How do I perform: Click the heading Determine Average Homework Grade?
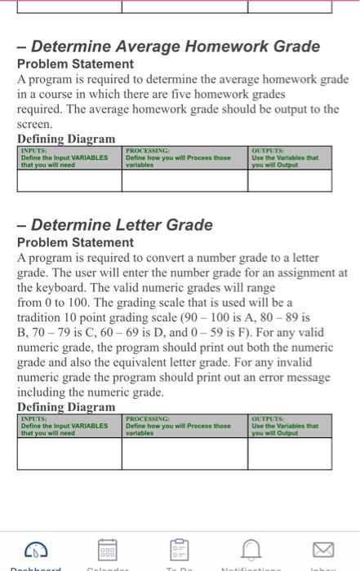point(169,46)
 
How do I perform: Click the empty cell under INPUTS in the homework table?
point(69,179)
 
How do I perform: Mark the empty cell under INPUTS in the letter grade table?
point(69,454)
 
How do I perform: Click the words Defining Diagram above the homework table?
point(66,139)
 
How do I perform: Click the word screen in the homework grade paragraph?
point(33,125)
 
